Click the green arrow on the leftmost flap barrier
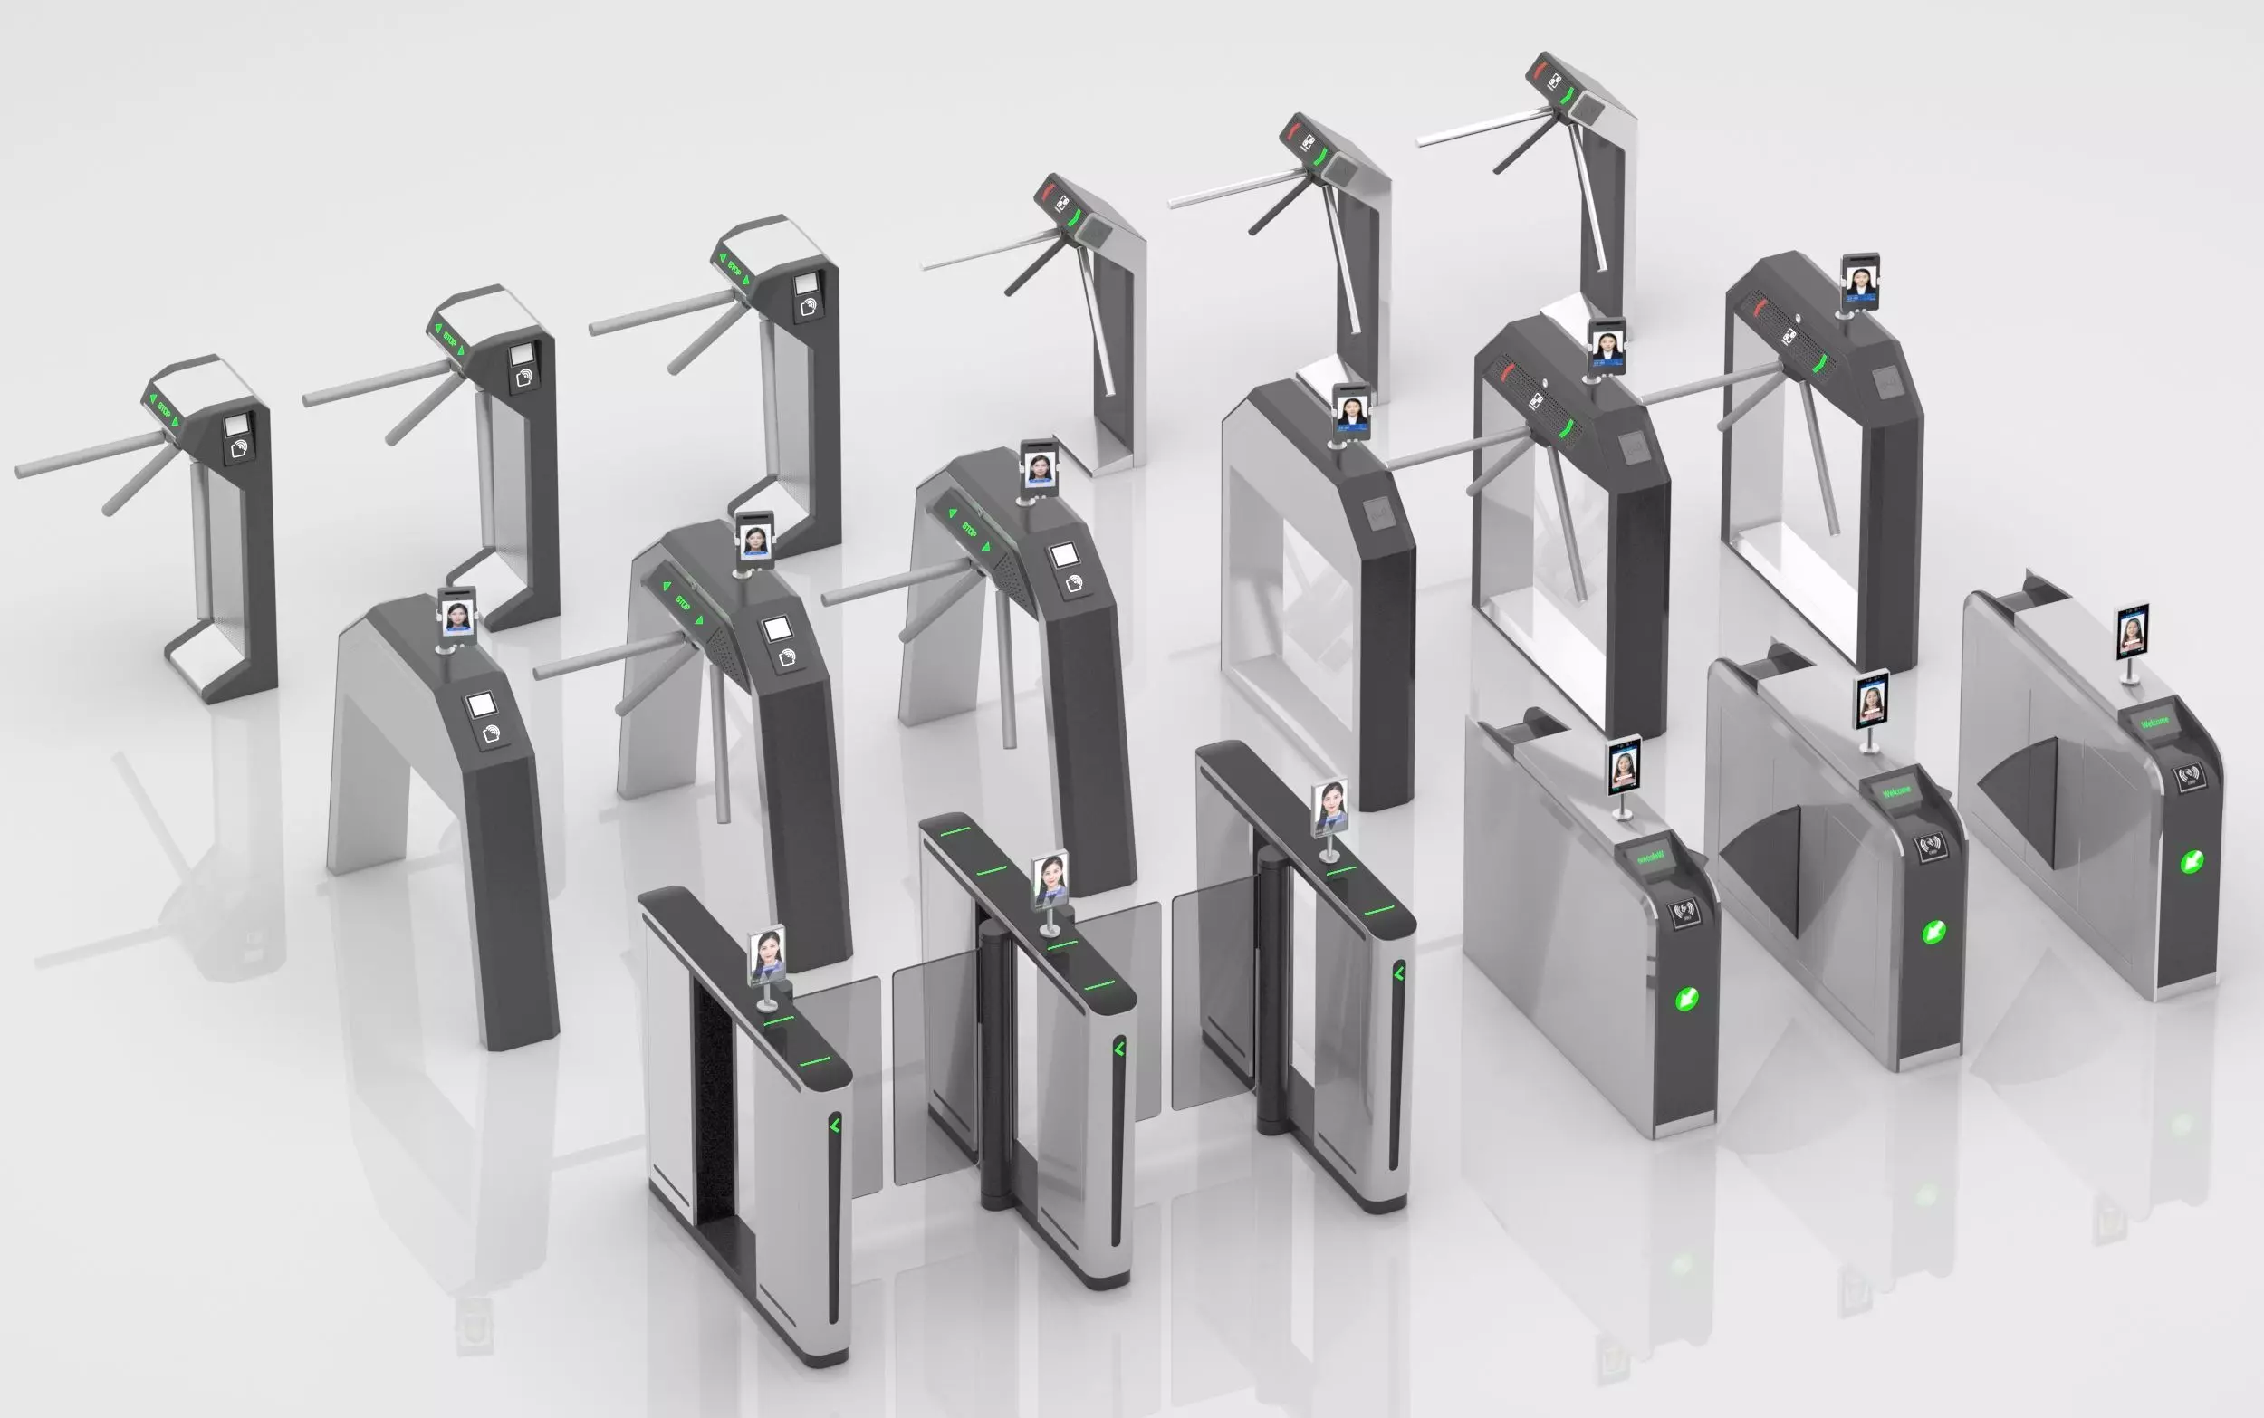[x=1686, y=998]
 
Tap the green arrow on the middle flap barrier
[x=1933, y=931]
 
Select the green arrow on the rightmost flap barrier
[x=2191, y=861]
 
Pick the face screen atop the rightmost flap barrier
[x=2132, y=631]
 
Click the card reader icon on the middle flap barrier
[x=1929, y=848]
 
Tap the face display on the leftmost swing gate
[x=766, y=954]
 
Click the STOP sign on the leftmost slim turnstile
[x=163, y=410]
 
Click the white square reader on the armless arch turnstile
[x=481, y=704]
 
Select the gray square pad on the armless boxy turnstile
[x=1379, y=515]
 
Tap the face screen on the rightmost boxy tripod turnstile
[x=1861, y=281]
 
